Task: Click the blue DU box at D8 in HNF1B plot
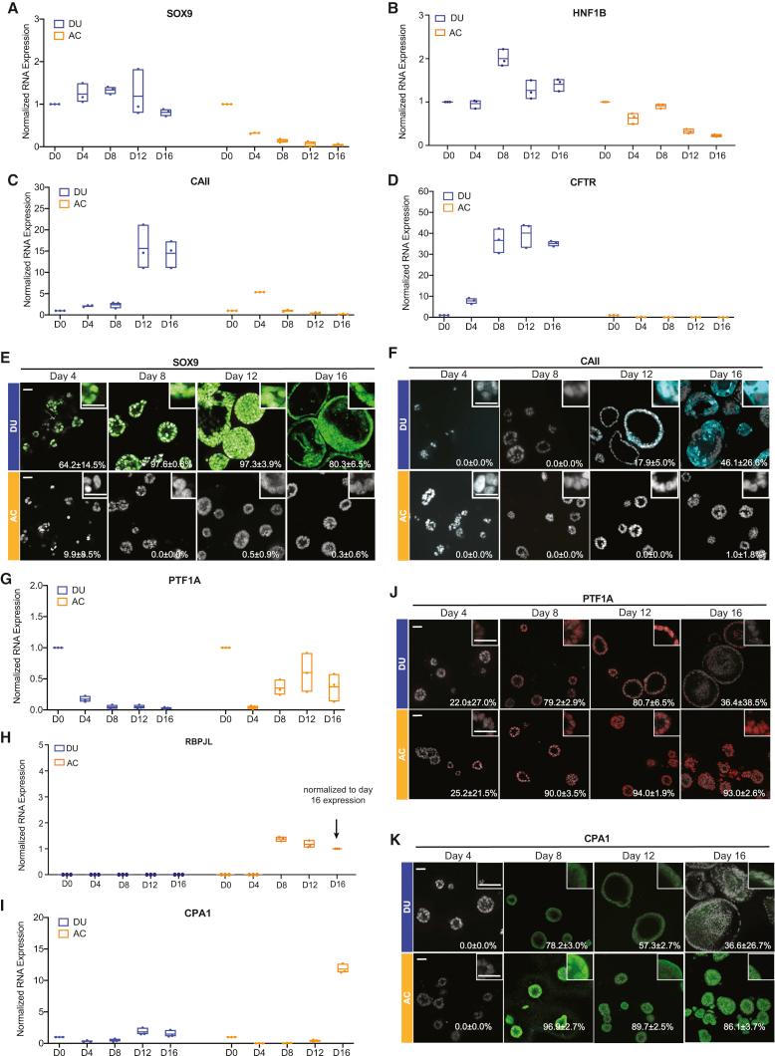click(503, 57)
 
